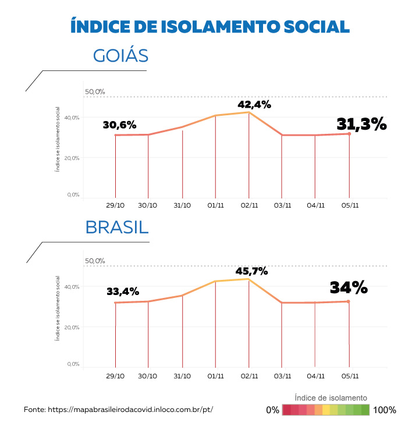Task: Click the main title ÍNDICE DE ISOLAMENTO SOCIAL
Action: click(x=210, y=26)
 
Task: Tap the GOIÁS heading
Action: click(x=120, y=56)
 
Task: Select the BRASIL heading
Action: click(x=117, y=227)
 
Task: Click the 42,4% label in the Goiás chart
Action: click(x=254, y=105)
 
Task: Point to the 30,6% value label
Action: click(x=119, y=125)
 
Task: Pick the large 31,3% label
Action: click(x=361, y=124)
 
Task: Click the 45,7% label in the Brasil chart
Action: click(x=251, y=271)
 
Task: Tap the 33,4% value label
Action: click(x=123, y=292)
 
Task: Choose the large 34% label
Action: click(x=349, y=287)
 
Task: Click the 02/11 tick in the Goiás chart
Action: click(x=249, y=205)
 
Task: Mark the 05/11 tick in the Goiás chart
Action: click(x=349, y=205)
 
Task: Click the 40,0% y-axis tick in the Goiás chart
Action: click(x=72, y=118)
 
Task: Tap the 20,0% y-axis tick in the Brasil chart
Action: click(x=72, y=327)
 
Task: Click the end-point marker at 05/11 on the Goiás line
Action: click(x=349, y=134)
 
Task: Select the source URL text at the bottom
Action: click(x=118, y=410)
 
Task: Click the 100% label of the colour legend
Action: click(x=385, y=410)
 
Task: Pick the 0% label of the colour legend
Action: click(x=273, y=410)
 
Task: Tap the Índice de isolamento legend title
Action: click(x=331, y=397)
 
